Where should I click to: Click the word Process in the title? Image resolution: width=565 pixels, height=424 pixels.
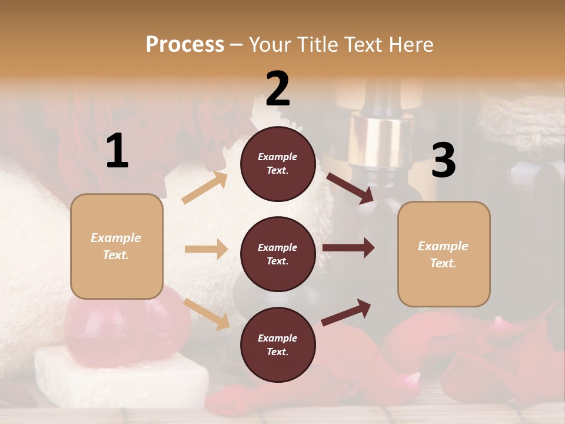pos(185,44)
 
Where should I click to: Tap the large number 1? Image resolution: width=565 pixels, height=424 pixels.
pos(117,151)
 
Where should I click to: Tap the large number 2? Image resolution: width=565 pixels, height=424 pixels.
pos(278,89)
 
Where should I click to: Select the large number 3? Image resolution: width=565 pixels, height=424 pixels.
pos(443,161)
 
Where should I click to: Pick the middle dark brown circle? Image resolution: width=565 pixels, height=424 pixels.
pos(278,254)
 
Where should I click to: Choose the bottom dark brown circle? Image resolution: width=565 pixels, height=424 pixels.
pos(278,344)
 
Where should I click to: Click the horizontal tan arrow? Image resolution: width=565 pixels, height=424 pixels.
pos(206,249)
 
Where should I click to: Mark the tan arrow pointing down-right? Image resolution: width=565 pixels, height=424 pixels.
pos(207,313)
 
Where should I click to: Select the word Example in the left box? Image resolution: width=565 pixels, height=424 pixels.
pos(116,238)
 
